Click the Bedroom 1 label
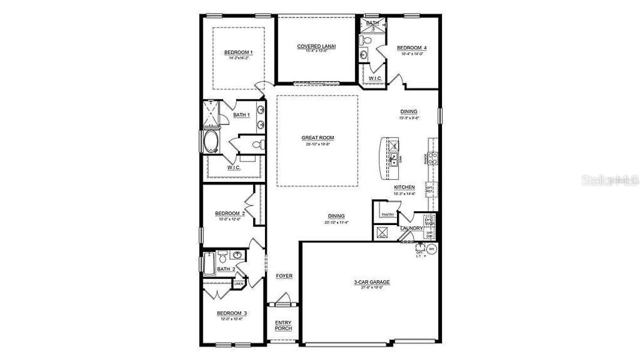[x=239, y=53]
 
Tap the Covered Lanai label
[x=316, y=47]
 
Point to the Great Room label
[x=317, y=138]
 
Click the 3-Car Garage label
[x=371, y=281]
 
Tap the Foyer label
[x=284, y=276]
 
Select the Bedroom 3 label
[x=231, y=313]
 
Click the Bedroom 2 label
[x=230, y=213]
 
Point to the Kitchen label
[x=404, y=187]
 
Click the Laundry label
[x=412, y=228]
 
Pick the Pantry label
[x=387, y=214]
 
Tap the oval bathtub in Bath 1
[x=211, y=144]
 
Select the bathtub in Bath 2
[x=209, y=264]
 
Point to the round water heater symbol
[x=431, y=248]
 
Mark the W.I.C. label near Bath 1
[x=234, y=168]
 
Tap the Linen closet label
[x=239, y=283]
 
